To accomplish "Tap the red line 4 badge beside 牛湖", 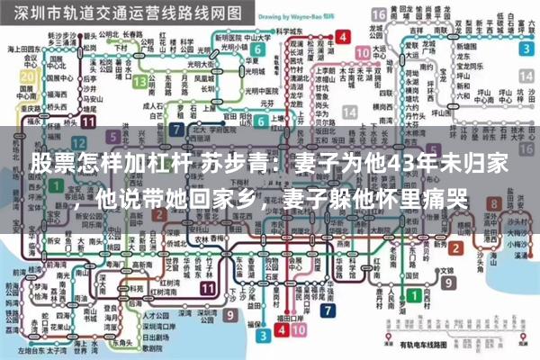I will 343,37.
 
